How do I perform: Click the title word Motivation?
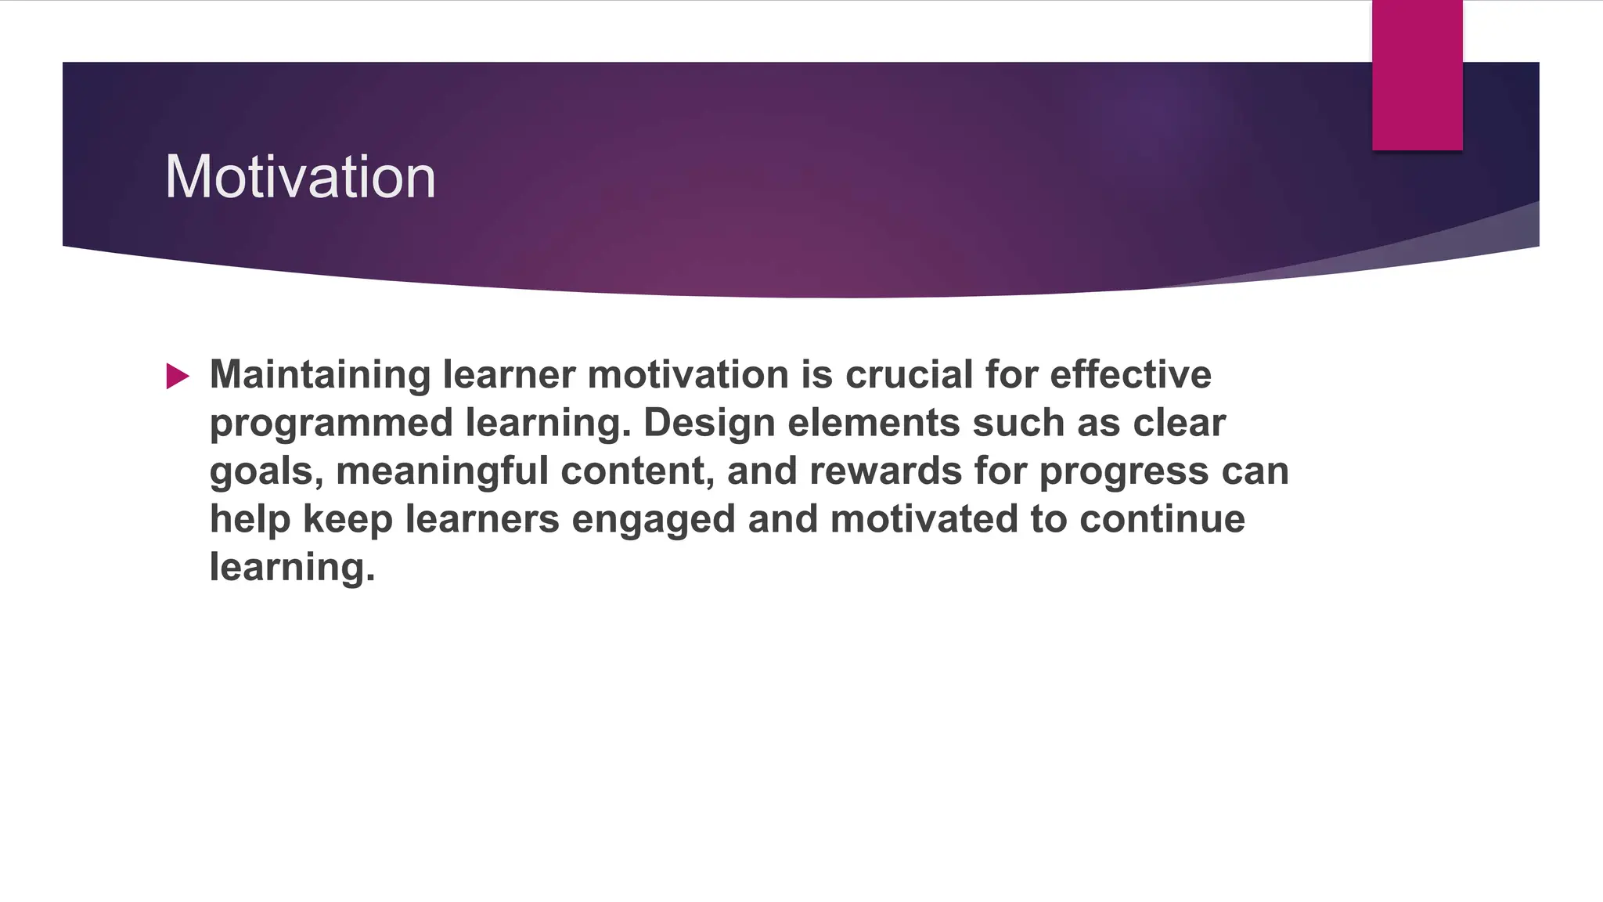[300, 177]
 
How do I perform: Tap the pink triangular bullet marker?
[178, 377]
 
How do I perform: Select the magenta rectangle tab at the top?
[1417, 75]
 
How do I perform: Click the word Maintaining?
[319, 375]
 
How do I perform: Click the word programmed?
[331, 424]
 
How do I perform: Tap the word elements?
[874, 424]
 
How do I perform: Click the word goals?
[266, 472]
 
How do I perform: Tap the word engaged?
[654, 521]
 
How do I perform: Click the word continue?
[1162, 519]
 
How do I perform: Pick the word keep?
[348, 521]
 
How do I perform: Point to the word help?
[250, 521]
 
